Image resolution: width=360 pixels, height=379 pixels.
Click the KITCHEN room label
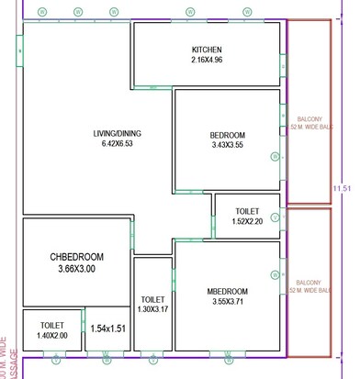coord(207,50)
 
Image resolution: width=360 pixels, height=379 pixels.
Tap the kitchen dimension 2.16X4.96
coord(207,61)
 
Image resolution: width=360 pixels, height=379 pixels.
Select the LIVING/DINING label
coord(117,133)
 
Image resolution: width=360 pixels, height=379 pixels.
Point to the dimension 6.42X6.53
coord(117,144)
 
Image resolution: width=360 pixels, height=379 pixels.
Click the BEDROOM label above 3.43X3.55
coord(227,136)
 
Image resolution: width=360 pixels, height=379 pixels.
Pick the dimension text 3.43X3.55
coord(227,146)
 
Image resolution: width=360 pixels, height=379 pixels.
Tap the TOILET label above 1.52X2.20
coord(246,210)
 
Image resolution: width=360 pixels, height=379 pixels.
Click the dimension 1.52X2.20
coord(246,221)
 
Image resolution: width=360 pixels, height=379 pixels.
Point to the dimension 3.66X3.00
coord(77,269)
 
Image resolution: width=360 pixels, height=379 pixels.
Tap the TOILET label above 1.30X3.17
coord(153,299)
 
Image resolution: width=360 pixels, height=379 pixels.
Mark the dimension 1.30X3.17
coord(153,310)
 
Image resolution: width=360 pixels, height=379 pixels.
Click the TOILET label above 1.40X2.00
coord(51,326)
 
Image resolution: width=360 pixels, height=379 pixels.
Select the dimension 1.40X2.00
coord(51,337)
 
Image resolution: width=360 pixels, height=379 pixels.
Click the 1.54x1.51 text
coord(108,328)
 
